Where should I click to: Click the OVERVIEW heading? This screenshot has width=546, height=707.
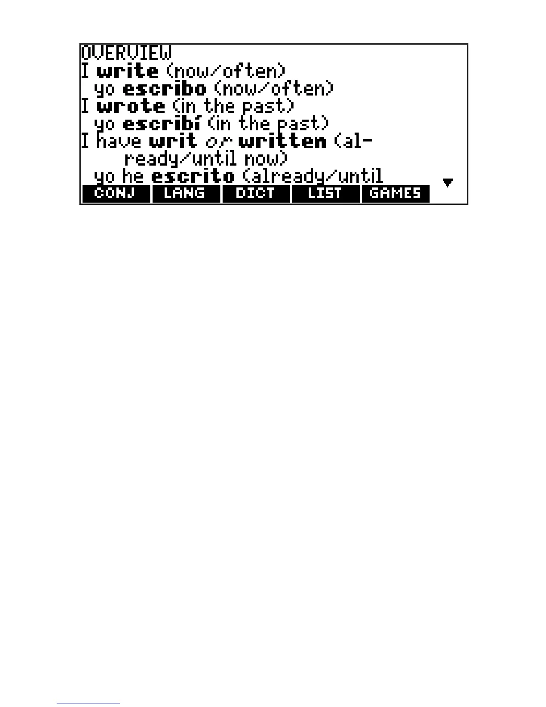tap(126, 53)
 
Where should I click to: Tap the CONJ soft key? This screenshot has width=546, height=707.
tap(115, 194)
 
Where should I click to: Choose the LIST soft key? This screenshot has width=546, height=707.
tap(325, 194)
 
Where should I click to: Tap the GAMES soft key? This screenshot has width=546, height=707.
tap(395, 194)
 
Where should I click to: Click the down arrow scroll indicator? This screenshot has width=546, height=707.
tap(448, 182)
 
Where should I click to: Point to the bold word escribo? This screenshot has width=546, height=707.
tap(164, 89)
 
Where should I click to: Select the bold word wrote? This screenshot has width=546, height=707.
tap(130, 106)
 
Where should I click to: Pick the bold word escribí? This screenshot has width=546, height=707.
tap(161, 124)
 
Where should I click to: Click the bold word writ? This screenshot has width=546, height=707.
tap(173, 141)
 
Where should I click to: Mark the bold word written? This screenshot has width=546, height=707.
tap(282, 141)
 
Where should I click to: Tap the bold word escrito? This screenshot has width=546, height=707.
tap(193, 176)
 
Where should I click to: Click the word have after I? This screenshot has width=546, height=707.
tap(119, 141)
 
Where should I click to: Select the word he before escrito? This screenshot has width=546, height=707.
tap(132, 176)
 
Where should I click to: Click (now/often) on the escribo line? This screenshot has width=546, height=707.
tap(274, 89)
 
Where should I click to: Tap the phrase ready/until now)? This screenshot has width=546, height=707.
tap(206, 159)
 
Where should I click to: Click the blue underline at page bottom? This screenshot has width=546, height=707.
tap(88, 703)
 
